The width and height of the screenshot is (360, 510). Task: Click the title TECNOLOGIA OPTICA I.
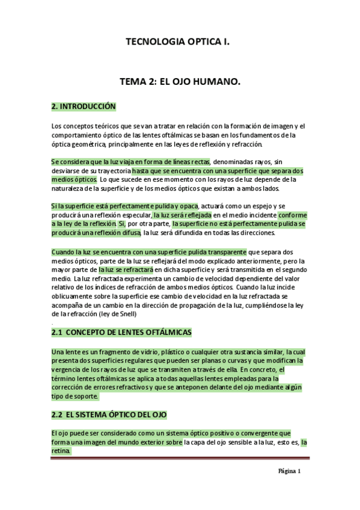pyautogui.click(x=177, y=43)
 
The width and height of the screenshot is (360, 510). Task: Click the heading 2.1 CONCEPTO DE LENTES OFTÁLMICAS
pyautogui.click(x=130, y=332)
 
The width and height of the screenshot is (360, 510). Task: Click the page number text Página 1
pyautogui.click(x=289, y=472)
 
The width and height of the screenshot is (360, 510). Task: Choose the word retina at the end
pyautogui.click(x=61, y=450)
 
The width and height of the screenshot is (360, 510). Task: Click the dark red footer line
pyautogui.click(x=180, y=458)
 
